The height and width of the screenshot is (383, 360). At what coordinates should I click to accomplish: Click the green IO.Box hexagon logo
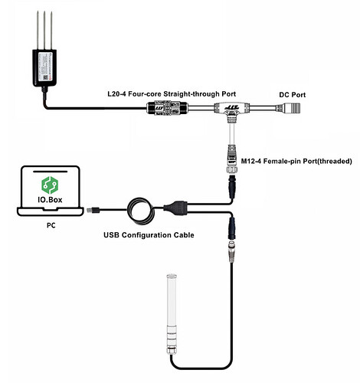tap(50, 185)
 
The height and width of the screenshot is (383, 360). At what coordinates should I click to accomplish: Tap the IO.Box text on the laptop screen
tap(50, 199)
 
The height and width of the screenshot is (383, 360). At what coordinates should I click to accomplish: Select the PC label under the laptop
tap(51, 225)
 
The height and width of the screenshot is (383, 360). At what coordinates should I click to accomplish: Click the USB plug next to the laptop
tap(93, 210)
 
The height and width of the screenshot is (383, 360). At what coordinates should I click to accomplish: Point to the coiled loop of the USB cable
tap(141, 211)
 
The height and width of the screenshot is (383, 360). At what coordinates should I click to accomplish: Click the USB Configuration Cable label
tap(149, 235)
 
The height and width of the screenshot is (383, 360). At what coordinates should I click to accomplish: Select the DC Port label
tap(293, 95)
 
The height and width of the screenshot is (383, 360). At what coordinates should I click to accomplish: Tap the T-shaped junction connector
tap(230, 110)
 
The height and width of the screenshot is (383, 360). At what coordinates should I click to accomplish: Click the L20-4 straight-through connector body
tap(167, 108)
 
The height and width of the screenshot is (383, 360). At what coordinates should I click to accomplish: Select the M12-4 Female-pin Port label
tap(296, 161)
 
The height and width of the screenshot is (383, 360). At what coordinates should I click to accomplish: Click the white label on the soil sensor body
tap(44, 67)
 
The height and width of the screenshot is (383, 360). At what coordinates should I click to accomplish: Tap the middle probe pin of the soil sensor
tap(44, 30)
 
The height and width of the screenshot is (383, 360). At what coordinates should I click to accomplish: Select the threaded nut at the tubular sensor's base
tap(172, 349)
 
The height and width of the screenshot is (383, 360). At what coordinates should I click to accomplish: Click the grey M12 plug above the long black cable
tap(231, 251)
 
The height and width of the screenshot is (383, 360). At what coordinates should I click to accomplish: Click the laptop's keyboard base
tap(51, 211)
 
